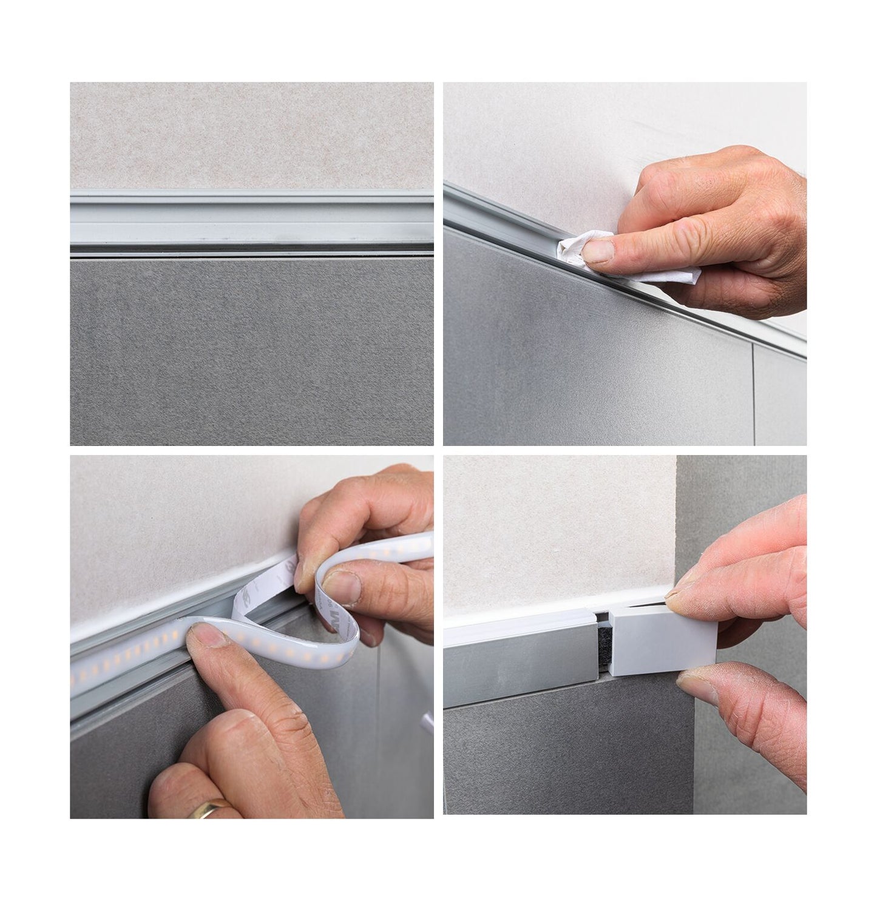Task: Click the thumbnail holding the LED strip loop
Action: pyautogui.click(x=339, y=584)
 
